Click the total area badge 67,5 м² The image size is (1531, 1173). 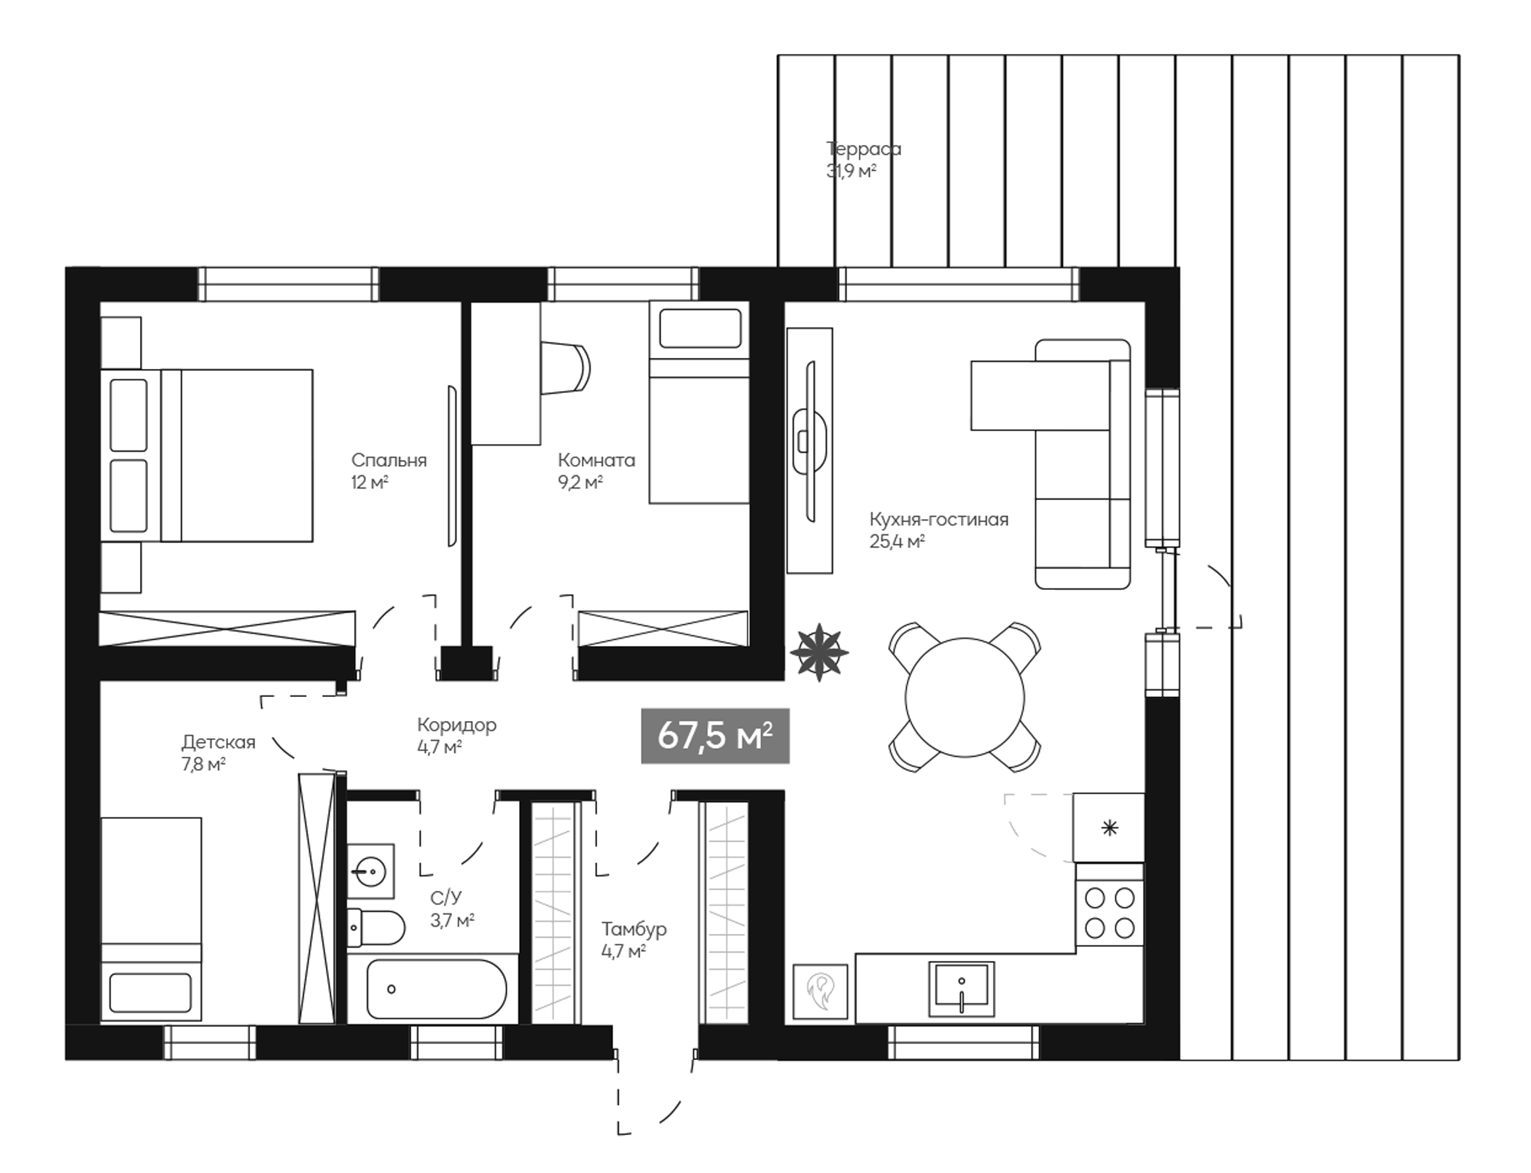714,736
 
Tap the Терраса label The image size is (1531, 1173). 863,149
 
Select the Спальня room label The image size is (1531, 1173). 389,460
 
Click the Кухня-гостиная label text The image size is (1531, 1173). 938,520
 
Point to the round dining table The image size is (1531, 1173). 965,698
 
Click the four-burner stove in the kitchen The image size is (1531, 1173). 1110,913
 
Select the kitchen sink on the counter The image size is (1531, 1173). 961,989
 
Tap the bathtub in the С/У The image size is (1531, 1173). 436,989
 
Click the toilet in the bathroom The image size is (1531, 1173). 376,927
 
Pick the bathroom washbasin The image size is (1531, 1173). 370,870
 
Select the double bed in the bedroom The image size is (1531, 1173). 208,456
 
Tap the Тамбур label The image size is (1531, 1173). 634,930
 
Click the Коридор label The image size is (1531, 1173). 456,725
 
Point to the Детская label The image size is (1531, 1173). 218,742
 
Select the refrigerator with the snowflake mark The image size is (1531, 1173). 1109,828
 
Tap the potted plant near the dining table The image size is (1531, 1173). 819,652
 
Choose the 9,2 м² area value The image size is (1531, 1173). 580,483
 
